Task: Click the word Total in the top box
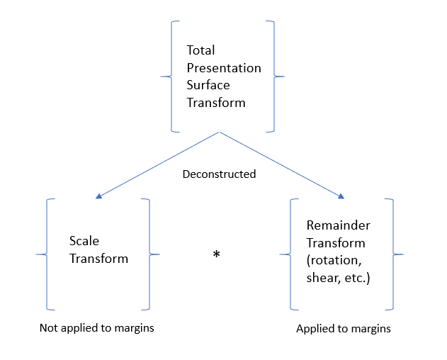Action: (x=200, y=51)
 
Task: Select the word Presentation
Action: (x=224, y=69)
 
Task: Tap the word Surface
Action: (x=209, y=86)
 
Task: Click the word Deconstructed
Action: (x=219, y=174)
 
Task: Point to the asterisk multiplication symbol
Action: (x=217, y=255)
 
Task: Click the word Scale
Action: (x=84, y=242)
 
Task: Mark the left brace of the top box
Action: (x=167, y=76)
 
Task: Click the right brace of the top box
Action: (x=278, y=76)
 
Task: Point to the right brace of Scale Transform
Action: (x=154, y=254)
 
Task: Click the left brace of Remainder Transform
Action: (x=287, y=254)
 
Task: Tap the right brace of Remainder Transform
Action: (x=397, y=254)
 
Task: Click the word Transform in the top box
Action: (x=216, y=103)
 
